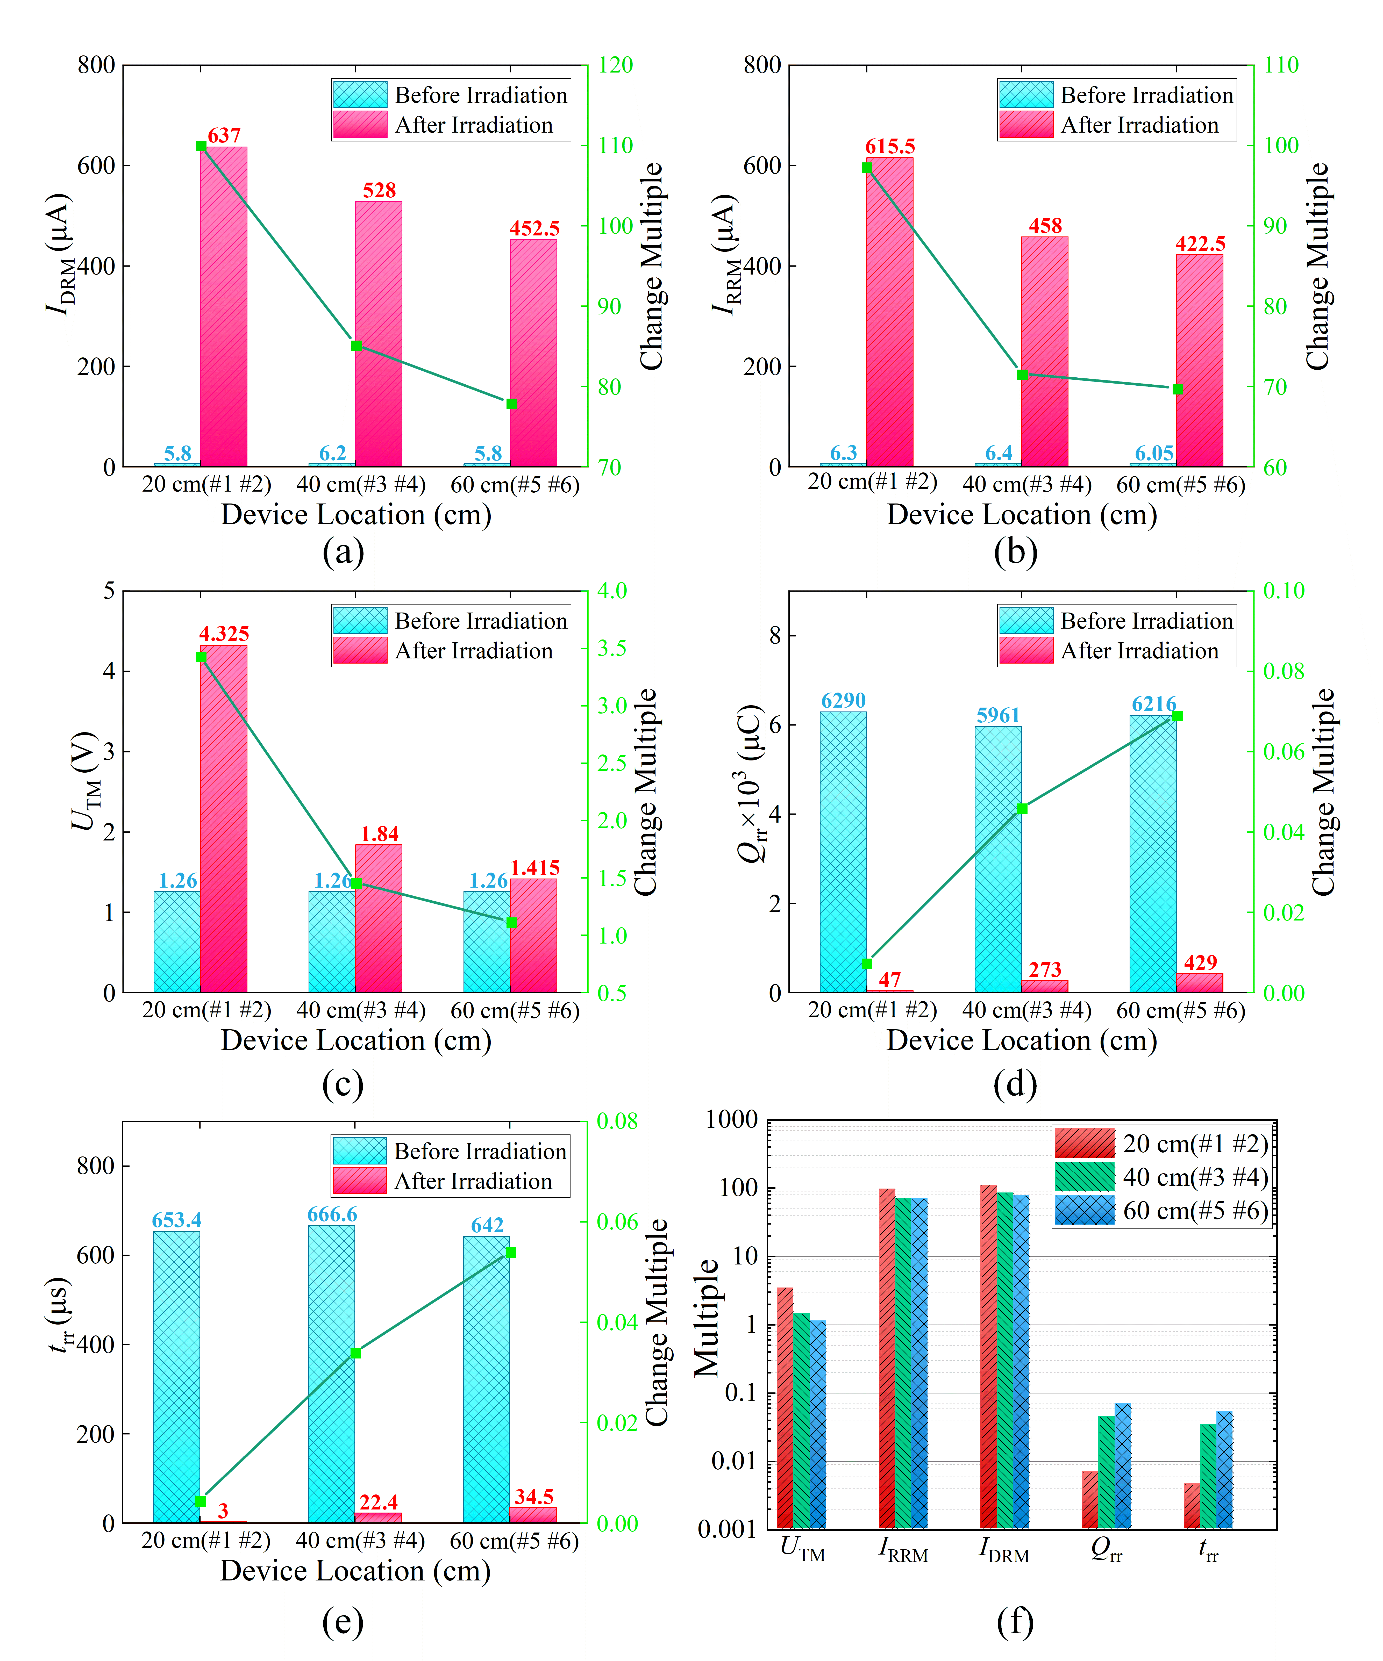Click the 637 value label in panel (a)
(224, 135)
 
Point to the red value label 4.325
(224, 634)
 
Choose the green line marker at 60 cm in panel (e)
(511, 1252)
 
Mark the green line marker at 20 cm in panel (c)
(201, 657)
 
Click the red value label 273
(1044, 970)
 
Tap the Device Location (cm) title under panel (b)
(1021, 515)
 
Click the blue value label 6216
(1153, 704)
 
